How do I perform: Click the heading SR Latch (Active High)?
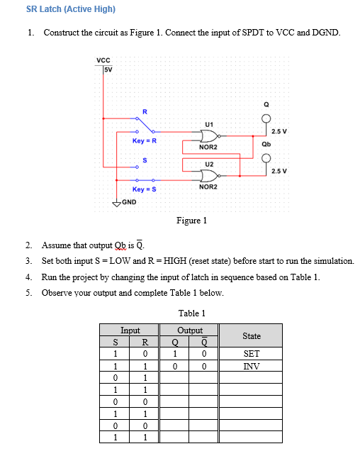(70, 9)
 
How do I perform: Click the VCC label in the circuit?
(103, 62)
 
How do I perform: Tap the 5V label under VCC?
(108, 69)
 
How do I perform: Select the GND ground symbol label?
(128, 203)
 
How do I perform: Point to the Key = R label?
(144, 141)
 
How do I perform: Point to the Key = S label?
(144, 190)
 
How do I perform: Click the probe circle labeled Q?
(266, 118)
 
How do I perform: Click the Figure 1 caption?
(191, 221)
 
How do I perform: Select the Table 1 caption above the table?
(191, 313)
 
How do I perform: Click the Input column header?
(130, 330)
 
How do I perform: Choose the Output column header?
(190, 330)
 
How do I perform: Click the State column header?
(252, 335)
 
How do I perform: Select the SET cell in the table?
(252, 354)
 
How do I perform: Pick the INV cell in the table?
(252, 367)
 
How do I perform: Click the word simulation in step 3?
(334, 261)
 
